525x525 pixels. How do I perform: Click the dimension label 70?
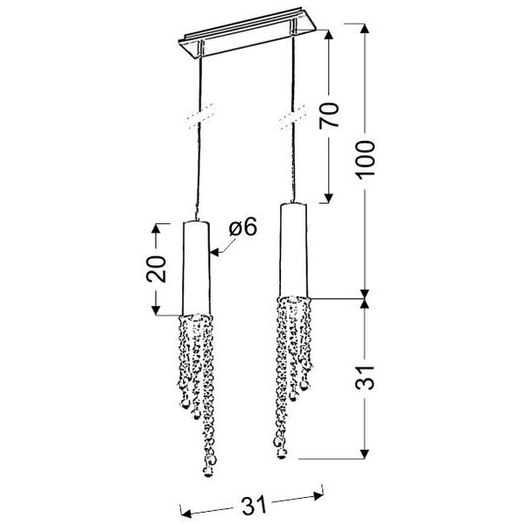click(330, 115)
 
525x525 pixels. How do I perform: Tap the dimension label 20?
click(156, 269)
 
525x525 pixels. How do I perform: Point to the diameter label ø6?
click(243, 227)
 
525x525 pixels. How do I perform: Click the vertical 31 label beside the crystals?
click(365, 378)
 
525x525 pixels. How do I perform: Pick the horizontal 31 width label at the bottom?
click(254, 505)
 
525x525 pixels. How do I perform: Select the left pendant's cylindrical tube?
click(196, 268)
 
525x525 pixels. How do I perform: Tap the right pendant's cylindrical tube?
click(294, 250)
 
